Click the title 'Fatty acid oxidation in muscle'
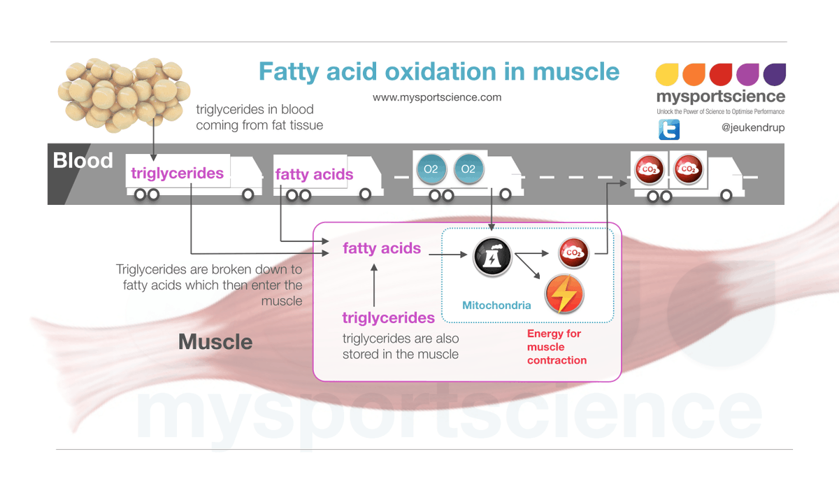pyautogui.click(x=438, y=72)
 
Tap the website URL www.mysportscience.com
pyautogui.click(x=437, y=98)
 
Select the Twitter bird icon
pyautogui.click(x=668, y=129)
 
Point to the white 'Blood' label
pyautogui.click(x=83, y=161)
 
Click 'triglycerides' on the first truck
pyautogui.click(x=178, y=173)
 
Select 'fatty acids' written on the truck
pyautogui.click(x=314, y=174)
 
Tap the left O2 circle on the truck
pyautogui.click(x=431, y=169)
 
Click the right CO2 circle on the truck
pyautogui.click(x=687, y=169)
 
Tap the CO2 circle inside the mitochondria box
pyautogui.click(x=573, y=252)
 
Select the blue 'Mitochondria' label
pyautogui.click(x=496, y=306)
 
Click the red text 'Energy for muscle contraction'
pyautogui.click(x=557, y=347)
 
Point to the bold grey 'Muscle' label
pyautogui.click(x=215, y=342)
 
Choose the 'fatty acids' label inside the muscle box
pyautogui.click(x=381, y=248)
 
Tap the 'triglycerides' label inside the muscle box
pyautogui.click(x=388, y=318)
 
